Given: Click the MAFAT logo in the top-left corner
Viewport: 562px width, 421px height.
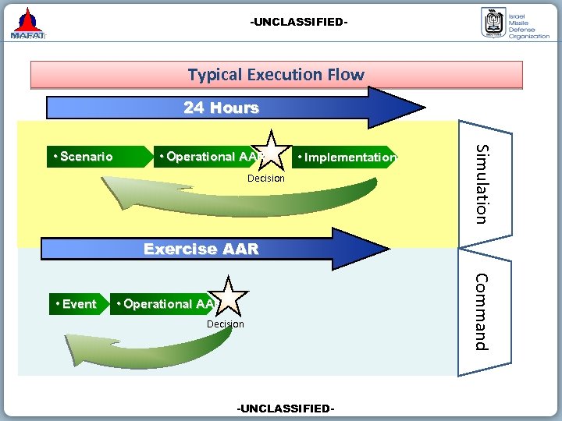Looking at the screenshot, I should pyautogui.click(x=28, y=23).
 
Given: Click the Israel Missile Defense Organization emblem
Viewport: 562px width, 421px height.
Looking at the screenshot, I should pyautogui.click(x=492, y=23).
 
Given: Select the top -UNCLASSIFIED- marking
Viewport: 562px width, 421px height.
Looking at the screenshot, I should pyautogui.click(x=298, y=22).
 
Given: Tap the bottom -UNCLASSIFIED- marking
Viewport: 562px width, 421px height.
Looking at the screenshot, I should pyautogui.click(x=286, y=409).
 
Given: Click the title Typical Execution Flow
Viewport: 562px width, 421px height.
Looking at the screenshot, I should pyautogui.click(x=276, y=75).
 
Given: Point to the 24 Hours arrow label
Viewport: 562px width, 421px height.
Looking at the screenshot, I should pyautogui.click(x=221, y=108).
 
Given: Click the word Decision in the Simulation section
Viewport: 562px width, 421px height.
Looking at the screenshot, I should pyautogui.click(x=266, y=179).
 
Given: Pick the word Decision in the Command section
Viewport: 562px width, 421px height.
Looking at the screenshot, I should pyautogui.click(x=225, y=324).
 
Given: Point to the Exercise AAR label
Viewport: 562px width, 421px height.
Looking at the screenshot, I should pyautogui.click(x=201, y=249).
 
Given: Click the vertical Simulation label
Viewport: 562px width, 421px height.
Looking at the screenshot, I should pyautogui.click(x=483, y=184).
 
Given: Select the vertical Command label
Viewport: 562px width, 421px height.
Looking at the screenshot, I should pyautogui.click(x=482, y=311).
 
